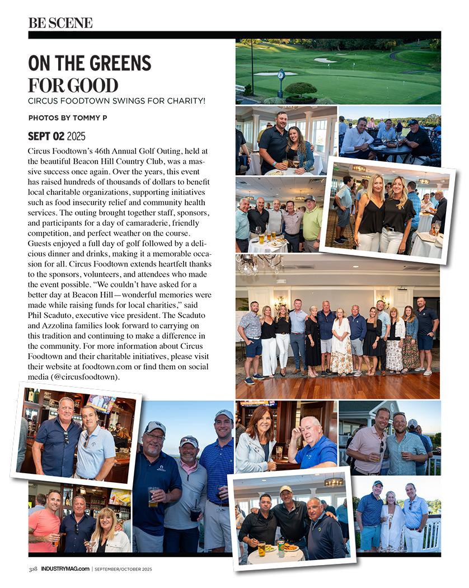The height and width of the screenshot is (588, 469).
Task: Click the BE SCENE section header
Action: [60, 23]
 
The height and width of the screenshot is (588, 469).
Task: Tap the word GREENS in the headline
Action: [116, 63]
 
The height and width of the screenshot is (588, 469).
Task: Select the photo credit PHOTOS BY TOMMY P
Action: [67, 118]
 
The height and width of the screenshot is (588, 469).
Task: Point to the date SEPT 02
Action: [46, 136]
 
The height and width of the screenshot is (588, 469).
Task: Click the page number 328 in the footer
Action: [33, 569]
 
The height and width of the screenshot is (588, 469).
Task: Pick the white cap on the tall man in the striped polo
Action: [223, 415]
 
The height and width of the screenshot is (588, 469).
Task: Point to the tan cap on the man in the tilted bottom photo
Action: [285, 489]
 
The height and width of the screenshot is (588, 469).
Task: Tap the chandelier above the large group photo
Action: [259, 263]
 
